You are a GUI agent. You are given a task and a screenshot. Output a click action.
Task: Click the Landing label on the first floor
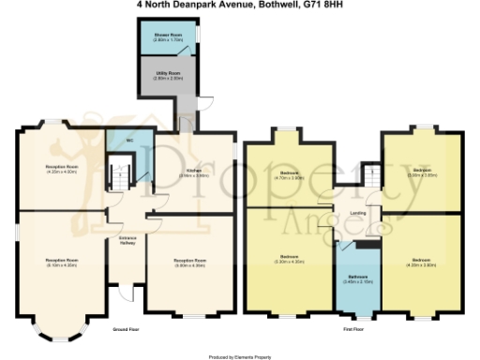(x=358, y=215)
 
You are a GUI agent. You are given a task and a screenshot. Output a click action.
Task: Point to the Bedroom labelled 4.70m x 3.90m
(x=290, y=174)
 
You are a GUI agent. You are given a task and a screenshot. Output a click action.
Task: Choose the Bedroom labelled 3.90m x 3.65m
(x=420, y=172)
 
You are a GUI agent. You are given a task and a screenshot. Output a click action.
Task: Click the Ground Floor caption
(x=127, y=330)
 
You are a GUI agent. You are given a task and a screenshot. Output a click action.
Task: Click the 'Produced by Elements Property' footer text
(x=240, y=355)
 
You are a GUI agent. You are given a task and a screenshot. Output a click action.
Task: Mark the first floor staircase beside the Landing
(x=371, y=174)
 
